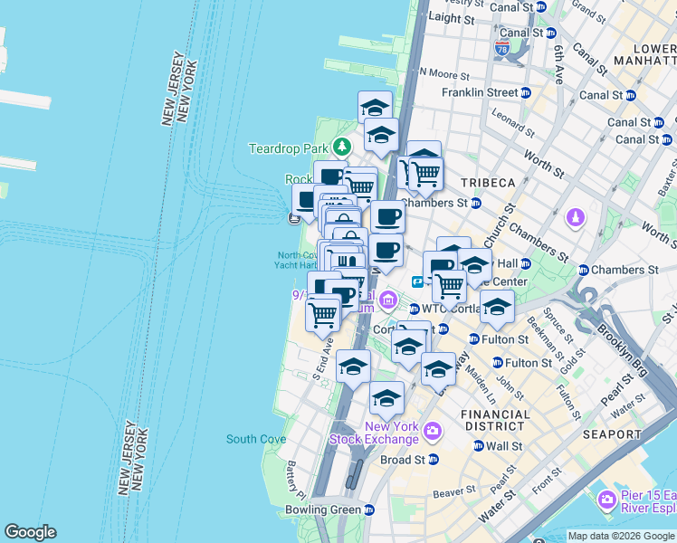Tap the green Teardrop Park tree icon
tap(341, 147)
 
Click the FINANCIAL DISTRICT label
tap(495, 421)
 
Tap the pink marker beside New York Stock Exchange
tap(432, 432)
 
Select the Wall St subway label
tap(504, 446)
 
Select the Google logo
tap(30, 532)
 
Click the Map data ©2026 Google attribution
tap(620, 536)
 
